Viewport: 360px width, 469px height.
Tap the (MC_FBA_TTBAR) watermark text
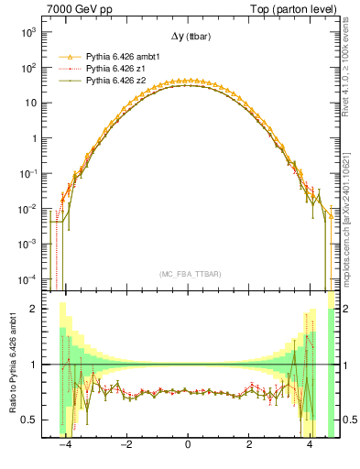188,273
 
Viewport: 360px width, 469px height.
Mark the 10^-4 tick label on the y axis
28,278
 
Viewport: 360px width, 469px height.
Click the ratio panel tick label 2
36,309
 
